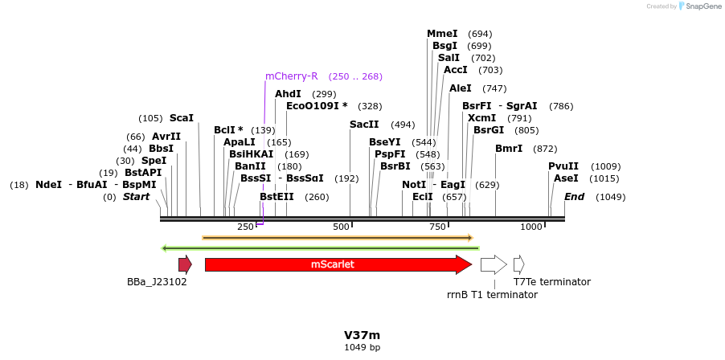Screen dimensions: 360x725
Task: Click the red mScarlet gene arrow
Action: pyautogui.click(x=338, y=264)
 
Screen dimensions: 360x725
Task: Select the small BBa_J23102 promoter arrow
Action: pyautogui.click(x=185, y=264)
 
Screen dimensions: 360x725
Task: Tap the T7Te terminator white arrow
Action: pyautogui.click(x=518, y=264)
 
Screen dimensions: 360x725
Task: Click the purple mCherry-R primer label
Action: pyautogui.click(x=292, y=76)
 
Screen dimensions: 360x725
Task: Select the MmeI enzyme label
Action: pyautogui.click(x=442, y=34)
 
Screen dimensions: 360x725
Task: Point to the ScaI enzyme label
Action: pyautogui.click(x=181, y=118)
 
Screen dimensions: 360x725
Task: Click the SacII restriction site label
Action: pyautogui.click(x=364, y=125)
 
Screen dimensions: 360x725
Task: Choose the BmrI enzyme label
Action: pyautogui.click(x=509, y=149)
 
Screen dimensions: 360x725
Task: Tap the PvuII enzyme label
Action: pyautogui.click(x=563, y=166)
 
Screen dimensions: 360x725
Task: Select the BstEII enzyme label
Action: pyautogui.click(x=276, y=197)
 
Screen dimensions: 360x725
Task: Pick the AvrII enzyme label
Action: pyautogui.click(x=166, y=137)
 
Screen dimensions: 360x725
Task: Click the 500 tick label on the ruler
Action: pyautogui.click(x=342, y=227)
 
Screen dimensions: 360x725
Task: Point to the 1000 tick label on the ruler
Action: pyautogui.click(x=531, y=227)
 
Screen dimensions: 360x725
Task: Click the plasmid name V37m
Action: pyautogui.click(x=362, y=335)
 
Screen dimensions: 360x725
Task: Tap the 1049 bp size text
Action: pyautogui.click(x=362, y=348)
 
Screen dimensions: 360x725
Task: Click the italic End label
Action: pyautogui.click(x=574, y=197)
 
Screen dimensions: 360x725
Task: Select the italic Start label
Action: pyautogui.click(x=136, y=197)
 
